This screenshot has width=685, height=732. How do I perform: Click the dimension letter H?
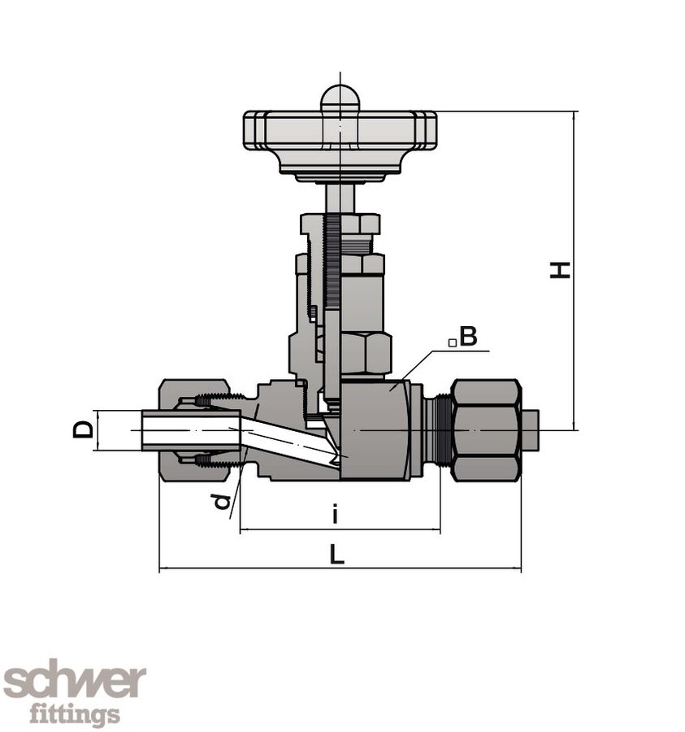pos(560,270)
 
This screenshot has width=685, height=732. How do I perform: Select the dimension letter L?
pos(337,555)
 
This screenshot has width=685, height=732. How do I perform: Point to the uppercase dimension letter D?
pos(84,429)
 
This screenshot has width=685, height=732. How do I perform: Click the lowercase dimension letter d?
pos(221,501)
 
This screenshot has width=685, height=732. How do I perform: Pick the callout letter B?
pos(468,337)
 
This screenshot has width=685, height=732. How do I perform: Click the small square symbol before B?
pos(452,343)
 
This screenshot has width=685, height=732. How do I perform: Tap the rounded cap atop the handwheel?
pos(340,98)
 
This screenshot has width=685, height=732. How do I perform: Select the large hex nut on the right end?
pos(485,429)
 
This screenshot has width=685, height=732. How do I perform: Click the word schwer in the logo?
pos(75,682)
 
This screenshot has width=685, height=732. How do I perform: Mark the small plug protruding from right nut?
pos(530,429)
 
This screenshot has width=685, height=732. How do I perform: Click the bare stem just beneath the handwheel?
pos(340,198)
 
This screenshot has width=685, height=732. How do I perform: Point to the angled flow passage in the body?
pos(288,443)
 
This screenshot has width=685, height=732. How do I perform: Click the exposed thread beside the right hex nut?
pos(439,429)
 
